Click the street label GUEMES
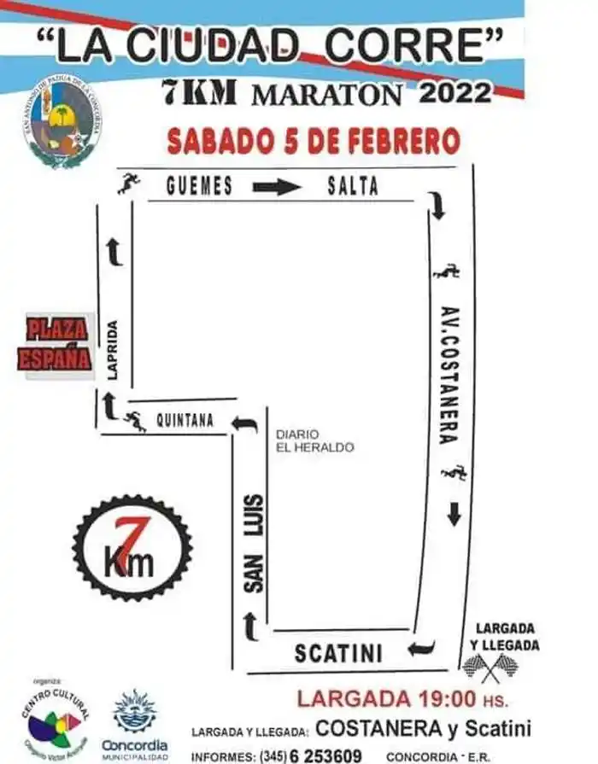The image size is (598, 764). tap(199, 186)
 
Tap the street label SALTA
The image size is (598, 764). tap(352, 186)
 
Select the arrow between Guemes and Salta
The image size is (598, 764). tap(277, 187)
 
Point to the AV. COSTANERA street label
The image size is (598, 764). tap(450, 374)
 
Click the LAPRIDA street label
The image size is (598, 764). tap(113, 349)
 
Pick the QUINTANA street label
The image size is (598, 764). tap(185, 420)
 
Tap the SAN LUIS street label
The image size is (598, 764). tap(254, 543)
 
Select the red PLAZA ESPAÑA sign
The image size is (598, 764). tap(56, 344)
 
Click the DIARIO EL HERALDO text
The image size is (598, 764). tap(314, 440)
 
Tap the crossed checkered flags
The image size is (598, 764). tap(490, 667)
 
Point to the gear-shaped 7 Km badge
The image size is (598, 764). tap(132, 547)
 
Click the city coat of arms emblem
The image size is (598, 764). tap(62, 120)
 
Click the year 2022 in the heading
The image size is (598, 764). tap(455, 91)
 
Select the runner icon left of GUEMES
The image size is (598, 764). tap(129, 183)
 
